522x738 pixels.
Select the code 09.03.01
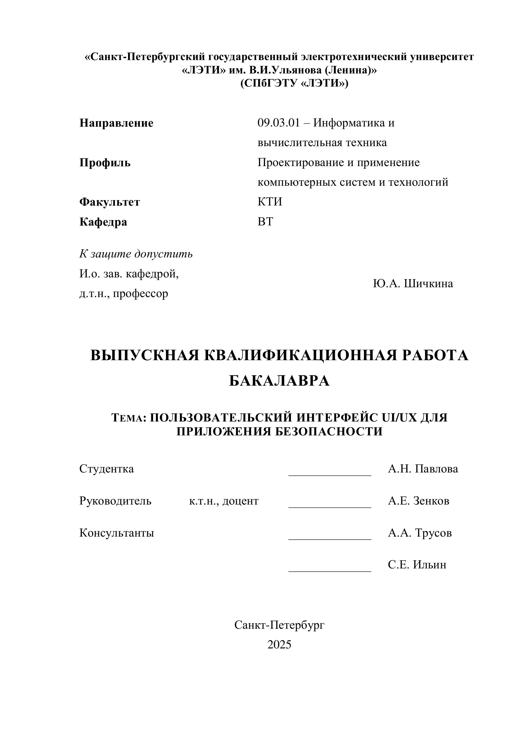pos(278,123)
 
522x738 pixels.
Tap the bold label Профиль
pos(105,163)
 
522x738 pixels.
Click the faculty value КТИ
pos(269,202)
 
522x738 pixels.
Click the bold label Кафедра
pos(103,222)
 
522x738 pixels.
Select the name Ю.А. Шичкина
pos(413,283)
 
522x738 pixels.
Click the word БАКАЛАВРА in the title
pos(279,381)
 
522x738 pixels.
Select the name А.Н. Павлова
pos(422,469)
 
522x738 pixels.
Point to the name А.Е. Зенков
pos(418,501)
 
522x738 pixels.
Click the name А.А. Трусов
pos(419,533)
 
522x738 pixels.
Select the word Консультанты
pos(116,533)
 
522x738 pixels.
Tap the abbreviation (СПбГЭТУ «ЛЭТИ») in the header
pos(294,84)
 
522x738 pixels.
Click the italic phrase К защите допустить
pos(136,254)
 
